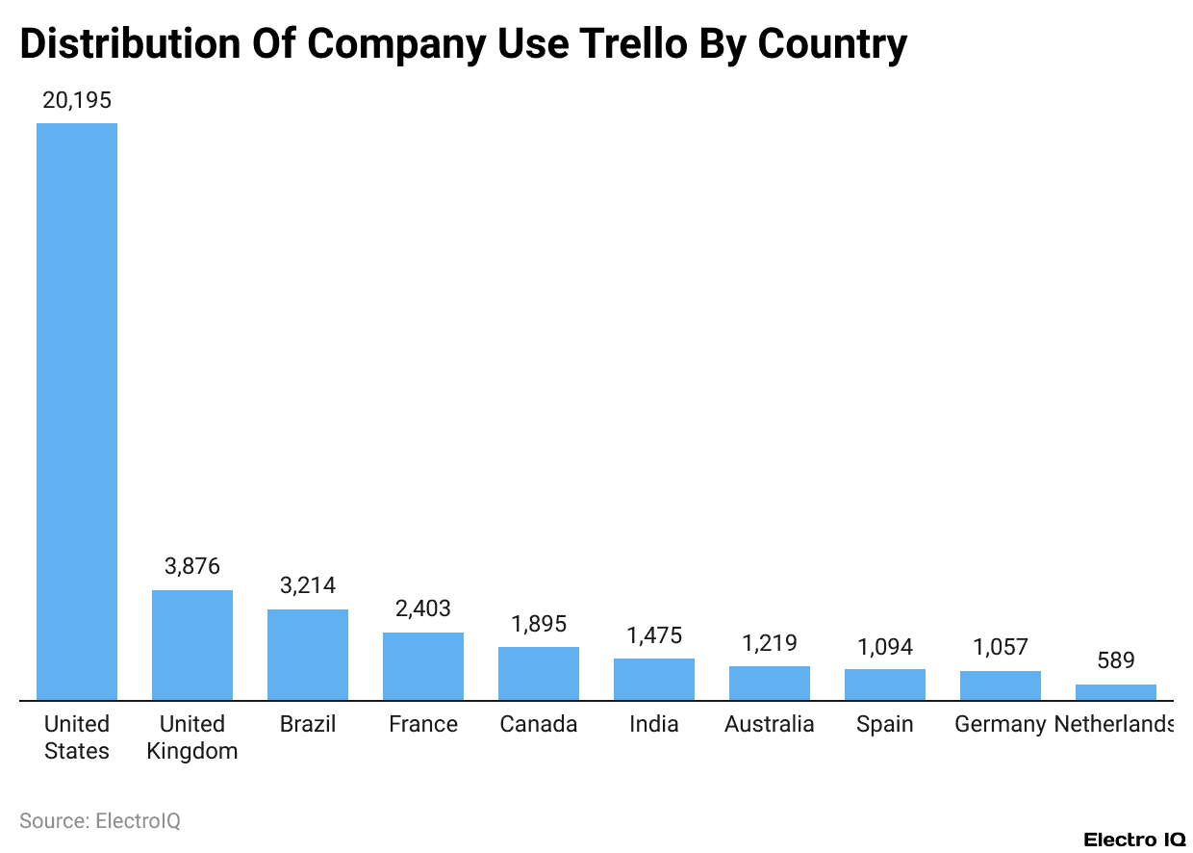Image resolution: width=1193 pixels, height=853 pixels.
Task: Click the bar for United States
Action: [77, 412]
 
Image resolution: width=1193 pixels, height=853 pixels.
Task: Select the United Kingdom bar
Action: [192, 645]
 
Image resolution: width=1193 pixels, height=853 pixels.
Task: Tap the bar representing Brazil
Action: [308, 655]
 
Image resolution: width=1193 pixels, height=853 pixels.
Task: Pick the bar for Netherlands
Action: [1116, 692]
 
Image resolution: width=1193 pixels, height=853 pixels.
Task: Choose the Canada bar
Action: [539, 673]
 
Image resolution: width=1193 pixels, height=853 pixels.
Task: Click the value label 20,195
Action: [77, 100]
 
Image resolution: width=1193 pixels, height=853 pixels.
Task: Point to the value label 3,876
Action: [192, 566]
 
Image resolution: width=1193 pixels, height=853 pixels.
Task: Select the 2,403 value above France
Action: [423, 608]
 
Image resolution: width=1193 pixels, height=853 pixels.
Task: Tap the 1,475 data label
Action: [654, 635]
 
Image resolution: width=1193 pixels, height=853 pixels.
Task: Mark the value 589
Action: [1116, 660]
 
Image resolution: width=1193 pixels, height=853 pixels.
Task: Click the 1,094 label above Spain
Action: [885, 646]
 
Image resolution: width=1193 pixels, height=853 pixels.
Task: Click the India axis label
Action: [654, 724]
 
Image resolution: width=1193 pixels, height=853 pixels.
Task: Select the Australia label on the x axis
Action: [770, 724]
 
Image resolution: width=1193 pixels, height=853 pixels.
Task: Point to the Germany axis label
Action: [1000, 724]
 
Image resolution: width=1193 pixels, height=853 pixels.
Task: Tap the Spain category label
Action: [885, 724]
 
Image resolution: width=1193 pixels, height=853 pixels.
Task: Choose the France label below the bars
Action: [423, 724]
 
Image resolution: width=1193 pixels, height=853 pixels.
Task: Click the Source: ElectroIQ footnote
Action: [100, 820]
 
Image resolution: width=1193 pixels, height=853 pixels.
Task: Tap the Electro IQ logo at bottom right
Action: [1134, 840]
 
